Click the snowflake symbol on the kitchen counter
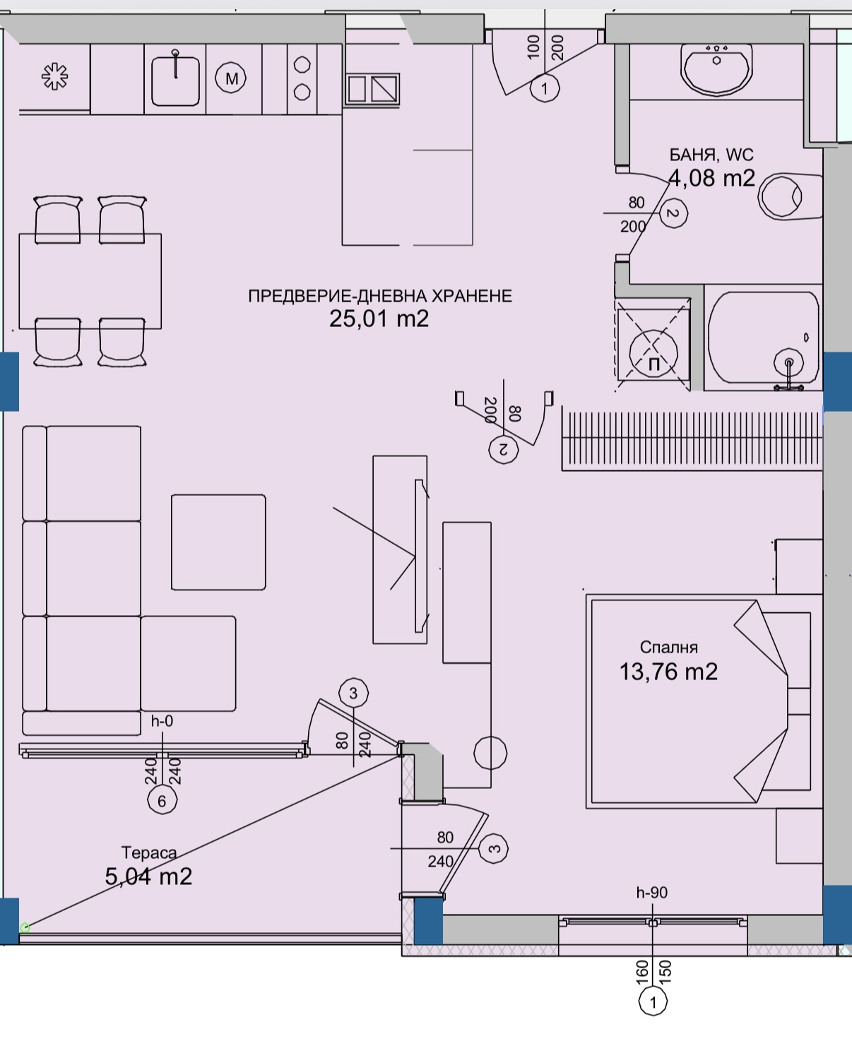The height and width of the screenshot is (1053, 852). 54,77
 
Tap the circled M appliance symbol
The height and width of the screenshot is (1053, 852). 231,78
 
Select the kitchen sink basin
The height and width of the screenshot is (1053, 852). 175,81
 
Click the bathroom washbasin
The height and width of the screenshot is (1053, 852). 716,69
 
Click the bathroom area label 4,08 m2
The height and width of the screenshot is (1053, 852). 711,178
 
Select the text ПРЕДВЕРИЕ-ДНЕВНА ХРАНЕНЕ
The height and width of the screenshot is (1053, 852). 380,296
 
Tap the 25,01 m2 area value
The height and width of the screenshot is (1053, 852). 379,319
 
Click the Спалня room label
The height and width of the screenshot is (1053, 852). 668,647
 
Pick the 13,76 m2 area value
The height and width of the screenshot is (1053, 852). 668,672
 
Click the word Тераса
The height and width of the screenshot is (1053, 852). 149,853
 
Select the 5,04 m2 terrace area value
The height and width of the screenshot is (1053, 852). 148,876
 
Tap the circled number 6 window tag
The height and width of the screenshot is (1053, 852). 162,800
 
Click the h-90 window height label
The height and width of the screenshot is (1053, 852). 652,893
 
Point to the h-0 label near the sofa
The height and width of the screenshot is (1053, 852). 162,721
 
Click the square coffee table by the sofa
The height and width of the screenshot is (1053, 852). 218,542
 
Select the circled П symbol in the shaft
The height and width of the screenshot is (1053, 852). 653,353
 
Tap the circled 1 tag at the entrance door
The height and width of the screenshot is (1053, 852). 545,88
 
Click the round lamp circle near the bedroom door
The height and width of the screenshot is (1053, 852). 490,754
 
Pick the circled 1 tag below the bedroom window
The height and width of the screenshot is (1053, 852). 653,1003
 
